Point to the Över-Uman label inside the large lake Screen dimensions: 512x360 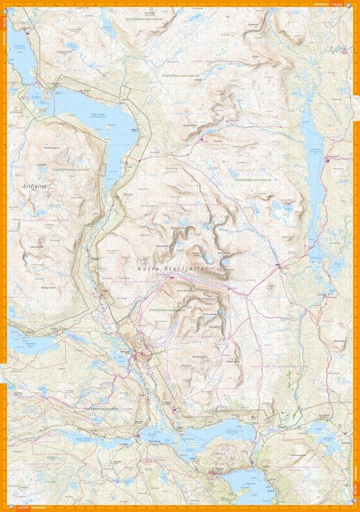[x=96, y=115]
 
